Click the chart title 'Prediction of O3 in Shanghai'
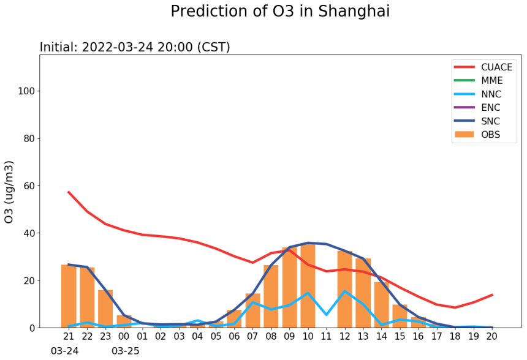pos(280,12)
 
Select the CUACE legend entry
pos(483,67)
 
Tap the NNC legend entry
pos(477,94)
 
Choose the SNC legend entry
pos(477,121)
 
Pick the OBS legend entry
pos(477,134)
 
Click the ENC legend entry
pos(477,108)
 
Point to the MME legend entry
pos(478,81)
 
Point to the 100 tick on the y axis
pos(26,91)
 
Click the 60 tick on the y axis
pos(29,186)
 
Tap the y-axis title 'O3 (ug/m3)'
pos(9,192)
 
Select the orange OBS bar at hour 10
pos(308,285)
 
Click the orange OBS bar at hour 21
pos(69,296)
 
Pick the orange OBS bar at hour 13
pos(363,293)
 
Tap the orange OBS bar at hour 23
pos(105,309)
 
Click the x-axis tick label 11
pos(326,336)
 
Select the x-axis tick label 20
pos(491,336)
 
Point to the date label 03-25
pos(126,351)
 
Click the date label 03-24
pos(64,351)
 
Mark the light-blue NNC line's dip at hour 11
pos(327,315)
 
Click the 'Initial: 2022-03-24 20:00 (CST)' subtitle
pos(135,47)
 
